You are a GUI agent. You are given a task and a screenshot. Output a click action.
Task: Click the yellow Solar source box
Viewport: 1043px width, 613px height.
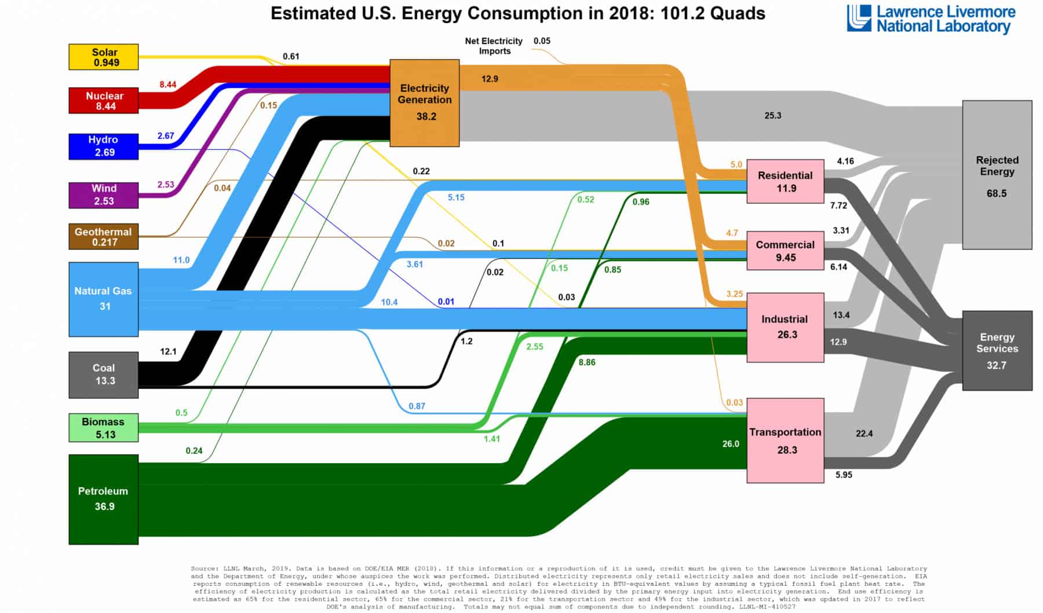coord(104,57)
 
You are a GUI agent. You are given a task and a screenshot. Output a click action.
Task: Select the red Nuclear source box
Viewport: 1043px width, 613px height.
coord(104,100)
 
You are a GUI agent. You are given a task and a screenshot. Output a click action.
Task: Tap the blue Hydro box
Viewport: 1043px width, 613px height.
coord(104,146)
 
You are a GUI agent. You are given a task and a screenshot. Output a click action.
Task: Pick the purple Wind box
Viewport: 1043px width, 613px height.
coord(104,194)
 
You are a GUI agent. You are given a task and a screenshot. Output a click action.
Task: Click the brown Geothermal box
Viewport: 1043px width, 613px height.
coord(104,236)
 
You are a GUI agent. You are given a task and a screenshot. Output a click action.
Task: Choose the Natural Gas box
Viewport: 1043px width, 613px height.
coord(104,299)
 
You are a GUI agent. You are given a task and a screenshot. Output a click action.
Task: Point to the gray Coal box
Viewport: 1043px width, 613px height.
coord(104,375)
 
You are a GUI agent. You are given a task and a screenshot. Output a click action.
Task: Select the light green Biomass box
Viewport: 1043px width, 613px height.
coord(104,428)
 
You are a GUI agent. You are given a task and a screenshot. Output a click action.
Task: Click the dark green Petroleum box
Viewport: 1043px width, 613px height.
coord(104,499)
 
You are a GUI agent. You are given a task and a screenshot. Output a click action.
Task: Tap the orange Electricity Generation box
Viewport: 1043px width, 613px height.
coord(425,102)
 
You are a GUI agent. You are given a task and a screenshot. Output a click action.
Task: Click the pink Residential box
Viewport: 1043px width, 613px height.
coord(785,181)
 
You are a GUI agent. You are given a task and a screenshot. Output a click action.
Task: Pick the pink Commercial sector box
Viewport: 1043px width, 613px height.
coord(785,251)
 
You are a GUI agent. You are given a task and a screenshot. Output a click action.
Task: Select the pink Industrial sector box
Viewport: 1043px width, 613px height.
coord(785,327)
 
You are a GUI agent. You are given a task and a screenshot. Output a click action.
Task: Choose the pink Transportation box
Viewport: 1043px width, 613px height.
coord(785,440)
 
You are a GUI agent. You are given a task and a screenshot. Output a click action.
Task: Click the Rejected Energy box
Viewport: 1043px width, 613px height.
coord(997,175)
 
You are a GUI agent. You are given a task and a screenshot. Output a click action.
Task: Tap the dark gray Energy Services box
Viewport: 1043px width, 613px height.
coord(997,350)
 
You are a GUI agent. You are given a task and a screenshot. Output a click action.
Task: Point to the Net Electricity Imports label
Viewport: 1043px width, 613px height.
coord(494,46)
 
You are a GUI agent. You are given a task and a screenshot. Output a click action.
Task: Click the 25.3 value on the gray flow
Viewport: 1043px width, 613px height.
coord(772,116)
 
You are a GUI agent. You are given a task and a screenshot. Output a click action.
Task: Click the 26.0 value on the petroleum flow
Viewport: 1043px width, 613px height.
coord(731,444)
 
